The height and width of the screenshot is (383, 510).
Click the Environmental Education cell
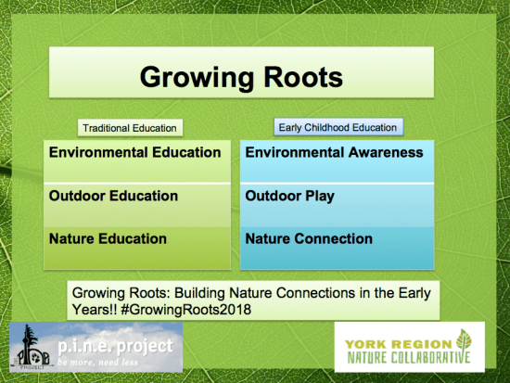pyautogui.click(x=134, y=152)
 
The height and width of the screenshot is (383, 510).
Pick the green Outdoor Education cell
pyautogui.click(x=113, y=196)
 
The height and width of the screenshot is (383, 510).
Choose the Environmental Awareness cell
pyautogui.click(x=334, y=152)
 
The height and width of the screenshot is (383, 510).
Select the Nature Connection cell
pyautogui.click(x=310, y=238)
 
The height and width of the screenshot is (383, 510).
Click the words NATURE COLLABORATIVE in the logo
pyautogui.click(x=404, y=357)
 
